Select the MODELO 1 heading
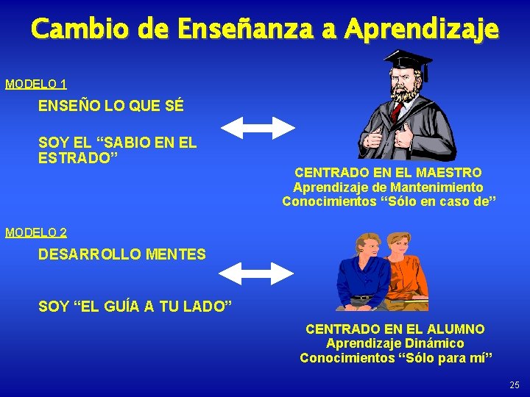(36, 84)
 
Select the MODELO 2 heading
(36, 232)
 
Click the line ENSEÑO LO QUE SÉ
(110, 106)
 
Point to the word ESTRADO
(78, 158)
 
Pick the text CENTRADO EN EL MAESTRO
(388, 173)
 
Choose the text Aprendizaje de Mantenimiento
(388, 187)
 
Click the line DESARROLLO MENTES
(122, 254)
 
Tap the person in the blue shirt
(360, 276)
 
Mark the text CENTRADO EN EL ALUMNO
(395, 329)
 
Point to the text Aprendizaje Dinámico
(395, 343)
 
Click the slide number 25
(514, 385)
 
